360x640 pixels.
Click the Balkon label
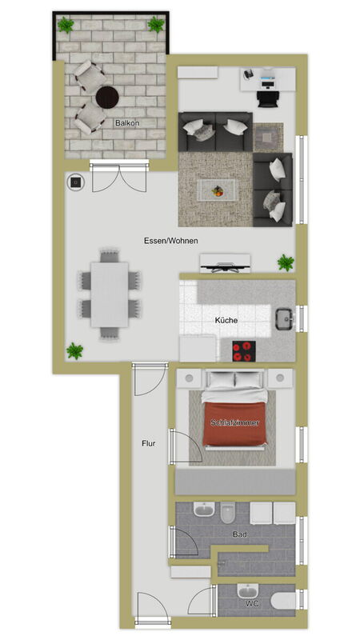pyautogui.click(x=127, y=123)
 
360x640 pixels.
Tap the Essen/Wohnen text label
pyautogui.click(x=170, y=241)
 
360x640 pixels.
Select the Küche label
pyautogui.click(x=226, y=321)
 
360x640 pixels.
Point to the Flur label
pyautogui.click(x=149, y=443)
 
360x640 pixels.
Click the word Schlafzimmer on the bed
pyautogui.click(x=234, y=423)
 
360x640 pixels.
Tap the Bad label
pyautogui.click(x=239, y=534)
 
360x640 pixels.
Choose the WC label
pyautogui.click(x=252, y=603)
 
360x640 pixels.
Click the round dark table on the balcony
pyautogui.click(x=107, y=98)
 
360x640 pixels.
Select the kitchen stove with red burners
pyautogui.click(x=244, y=351)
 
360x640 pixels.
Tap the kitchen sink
pyautogui.click(x=285, y=318)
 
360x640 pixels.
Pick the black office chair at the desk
pyautogui.click(x=268, y=98)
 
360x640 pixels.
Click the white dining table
pyautogui.click(x=110, y=294)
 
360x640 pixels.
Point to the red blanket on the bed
pyautogui.click(x=234, y=424)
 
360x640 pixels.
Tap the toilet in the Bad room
pyautogui.click(x=228, y=512)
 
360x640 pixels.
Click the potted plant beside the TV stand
pyautogui.click(x=286, y=262)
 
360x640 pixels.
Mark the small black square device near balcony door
pyautogui.click(x=75, y=182)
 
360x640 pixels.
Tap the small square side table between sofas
pyautogui.click(x=268, y=137)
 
